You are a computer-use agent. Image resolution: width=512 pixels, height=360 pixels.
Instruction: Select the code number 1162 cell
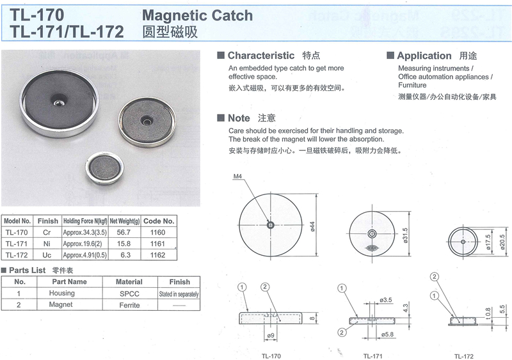158,255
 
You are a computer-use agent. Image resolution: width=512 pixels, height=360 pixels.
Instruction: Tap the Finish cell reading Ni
47,244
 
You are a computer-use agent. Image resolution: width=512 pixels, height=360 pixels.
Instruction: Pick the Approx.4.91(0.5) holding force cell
85,255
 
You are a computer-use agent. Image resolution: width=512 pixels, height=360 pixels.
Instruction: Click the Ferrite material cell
130,305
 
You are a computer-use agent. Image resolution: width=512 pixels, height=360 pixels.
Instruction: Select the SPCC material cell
130,293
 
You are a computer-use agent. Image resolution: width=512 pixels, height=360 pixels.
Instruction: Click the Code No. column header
159,221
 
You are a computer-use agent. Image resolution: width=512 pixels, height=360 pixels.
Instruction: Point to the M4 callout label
237,176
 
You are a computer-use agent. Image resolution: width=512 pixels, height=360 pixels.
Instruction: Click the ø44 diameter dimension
312,226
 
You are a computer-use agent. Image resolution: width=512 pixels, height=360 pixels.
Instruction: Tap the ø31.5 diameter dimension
406,235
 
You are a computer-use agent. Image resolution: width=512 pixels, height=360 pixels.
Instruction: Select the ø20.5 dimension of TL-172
502,242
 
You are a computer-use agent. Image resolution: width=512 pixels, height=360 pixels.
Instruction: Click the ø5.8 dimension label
387,334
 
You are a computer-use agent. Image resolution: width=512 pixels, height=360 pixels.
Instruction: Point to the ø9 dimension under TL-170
271,335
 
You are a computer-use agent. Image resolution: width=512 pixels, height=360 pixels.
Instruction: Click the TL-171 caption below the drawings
372,356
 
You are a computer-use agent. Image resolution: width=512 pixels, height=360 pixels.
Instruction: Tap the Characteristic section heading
261,56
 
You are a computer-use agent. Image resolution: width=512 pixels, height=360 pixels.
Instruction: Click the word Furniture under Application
412,85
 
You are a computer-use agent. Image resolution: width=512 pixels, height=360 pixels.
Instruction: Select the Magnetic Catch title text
198,15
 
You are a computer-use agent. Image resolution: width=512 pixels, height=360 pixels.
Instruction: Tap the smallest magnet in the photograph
105,168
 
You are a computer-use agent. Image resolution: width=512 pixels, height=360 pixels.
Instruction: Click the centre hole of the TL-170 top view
271,225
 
